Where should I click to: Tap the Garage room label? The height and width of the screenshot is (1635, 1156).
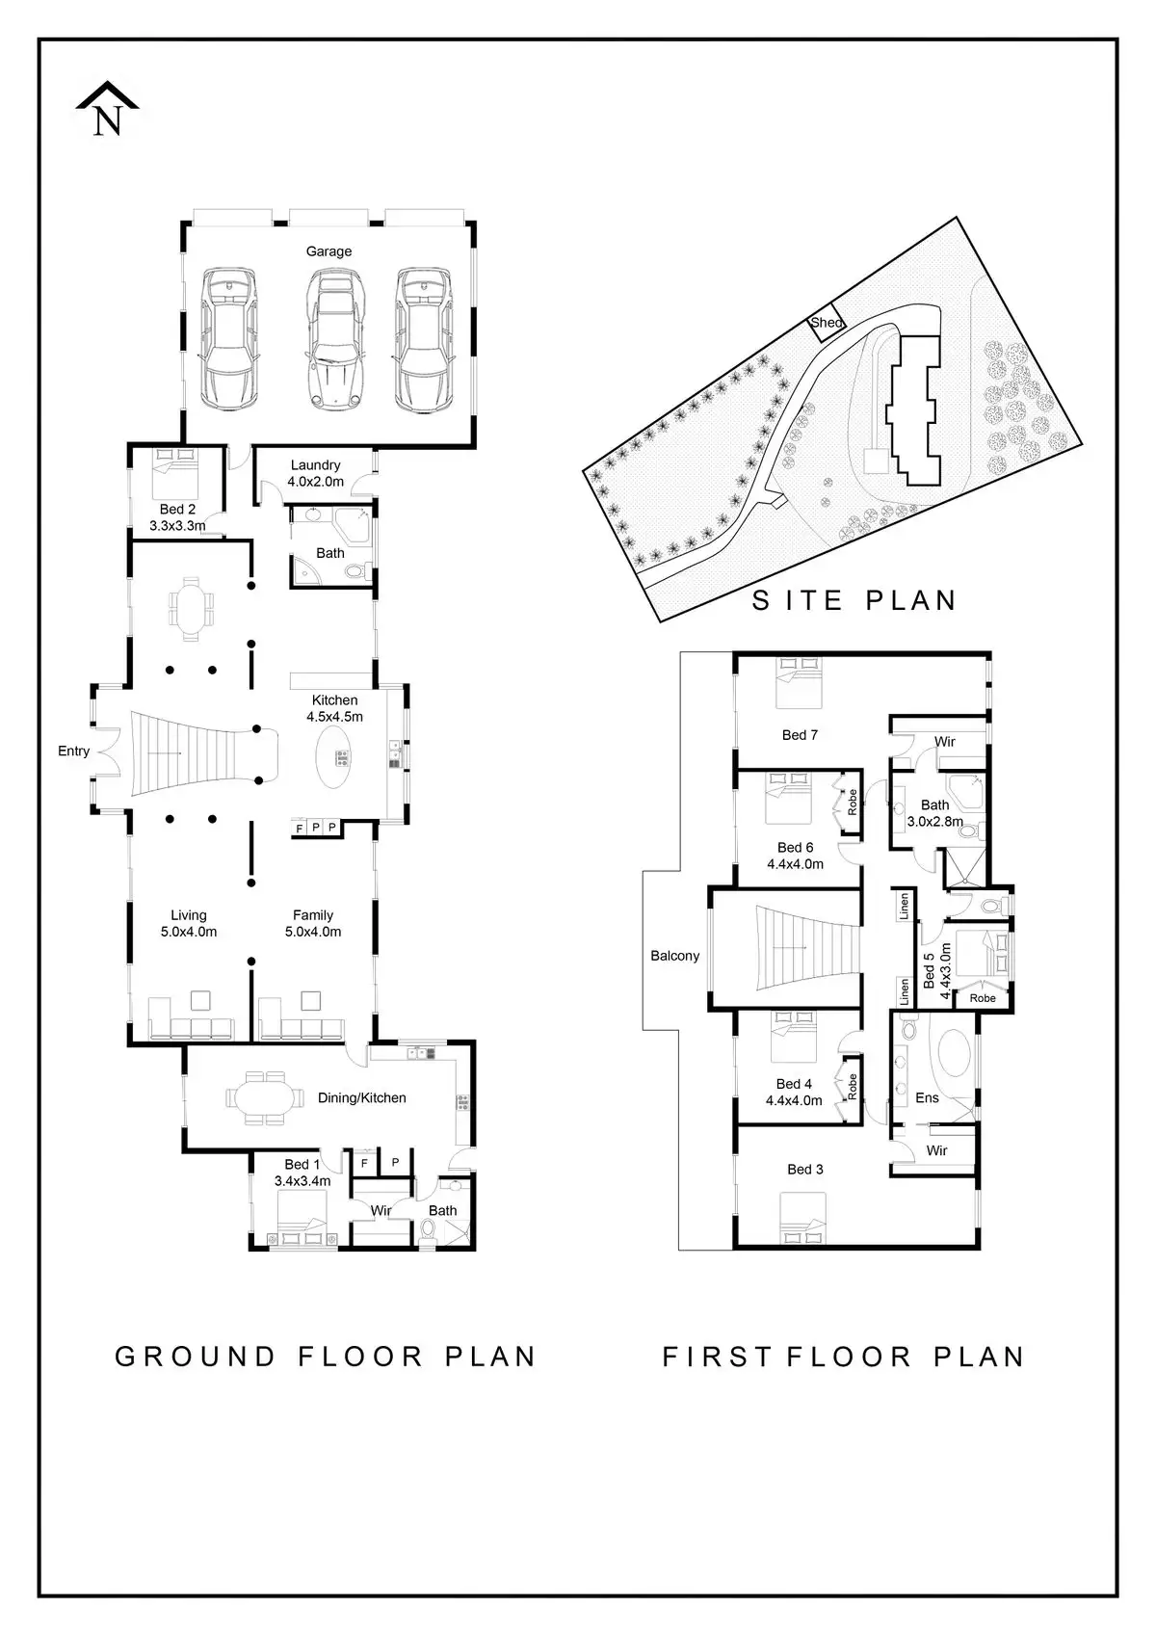[x=328, y=251]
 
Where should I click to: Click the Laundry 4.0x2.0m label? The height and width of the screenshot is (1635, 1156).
[x=316, y=473]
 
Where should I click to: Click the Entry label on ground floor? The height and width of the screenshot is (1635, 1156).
[x=73, y=751]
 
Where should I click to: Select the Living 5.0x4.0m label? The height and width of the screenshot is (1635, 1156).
[x=189, y=923]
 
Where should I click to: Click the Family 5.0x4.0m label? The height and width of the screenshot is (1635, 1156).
[x=313, y=923]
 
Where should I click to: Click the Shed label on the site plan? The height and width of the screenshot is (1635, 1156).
[x=827, y=323]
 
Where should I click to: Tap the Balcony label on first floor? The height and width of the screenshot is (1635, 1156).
[x=674, y=956]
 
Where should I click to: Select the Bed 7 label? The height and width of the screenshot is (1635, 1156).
[x=800, y=735]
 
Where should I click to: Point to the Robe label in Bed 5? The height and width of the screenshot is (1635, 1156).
[x=983, y=998]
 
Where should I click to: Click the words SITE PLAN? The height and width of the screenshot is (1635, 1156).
[x=854, y=600]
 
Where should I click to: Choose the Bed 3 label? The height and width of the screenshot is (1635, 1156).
[x=805, y=1169]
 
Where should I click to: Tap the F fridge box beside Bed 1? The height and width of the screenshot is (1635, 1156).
[x=364, y=1163]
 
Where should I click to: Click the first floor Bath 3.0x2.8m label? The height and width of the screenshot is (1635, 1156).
[x=934, y=813]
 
